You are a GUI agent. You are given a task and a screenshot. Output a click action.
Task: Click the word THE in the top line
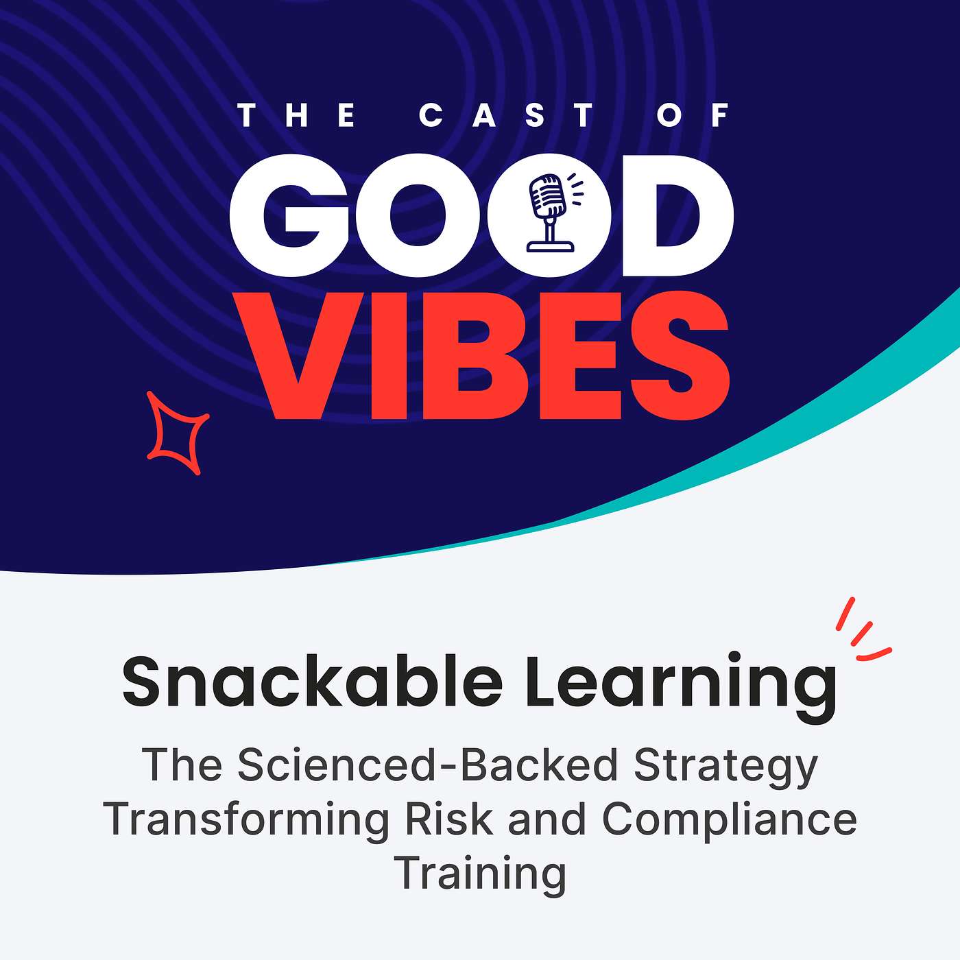[296, 115]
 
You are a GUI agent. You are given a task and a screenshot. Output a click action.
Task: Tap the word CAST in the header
[506, 115]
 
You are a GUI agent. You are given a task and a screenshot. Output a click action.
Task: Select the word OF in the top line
[693, 115]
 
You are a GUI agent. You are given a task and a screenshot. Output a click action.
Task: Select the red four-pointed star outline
[177, 433]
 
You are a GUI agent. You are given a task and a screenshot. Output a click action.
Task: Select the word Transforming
[246, 819]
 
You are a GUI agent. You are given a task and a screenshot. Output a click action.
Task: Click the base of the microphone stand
[549, 244]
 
